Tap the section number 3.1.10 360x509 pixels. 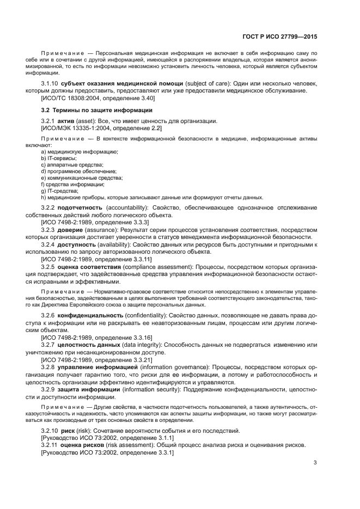[x=50, y=83]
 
